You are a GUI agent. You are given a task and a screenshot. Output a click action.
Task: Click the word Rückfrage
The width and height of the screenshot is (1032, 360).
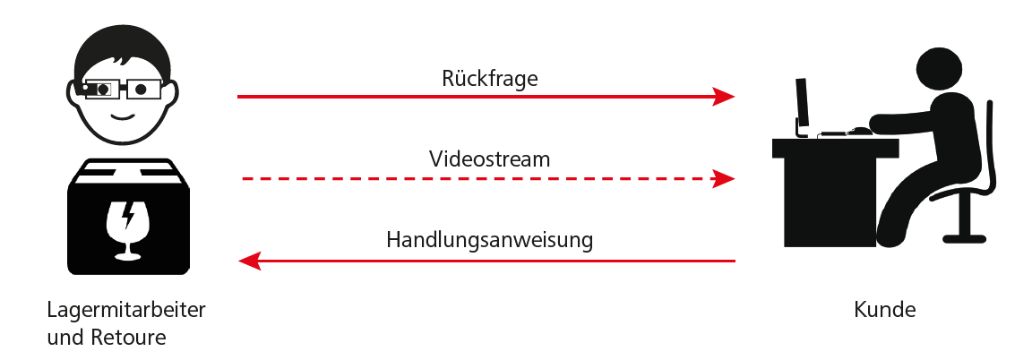pos(489,78)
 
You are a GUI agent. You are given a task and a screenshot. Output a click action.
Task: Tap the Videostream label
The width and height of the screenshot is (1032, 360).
pos(488,159)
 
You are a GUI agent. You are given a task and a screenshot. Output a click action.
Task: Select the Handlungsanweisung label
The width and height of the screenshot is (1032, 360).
pos(489,240)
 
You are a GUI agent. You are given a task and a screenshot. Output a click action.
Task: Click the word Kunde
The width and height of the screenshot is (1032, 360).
pos(885,311)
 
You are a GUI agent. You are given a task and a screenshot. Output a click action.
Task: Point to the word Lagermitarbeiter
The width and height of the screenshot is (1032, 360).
pos(126,311)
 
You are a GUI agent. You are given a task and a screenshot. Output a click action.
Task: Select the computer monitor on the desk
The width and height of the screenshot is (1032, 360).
pos(802,103)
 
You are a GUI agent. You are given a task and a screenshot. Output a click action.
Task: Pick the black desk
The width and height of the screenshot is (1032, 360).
pos(824,188)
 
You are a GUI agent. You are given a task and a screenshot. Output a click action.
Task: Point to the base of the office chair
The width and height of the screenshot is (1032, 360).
pos(963,238)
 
